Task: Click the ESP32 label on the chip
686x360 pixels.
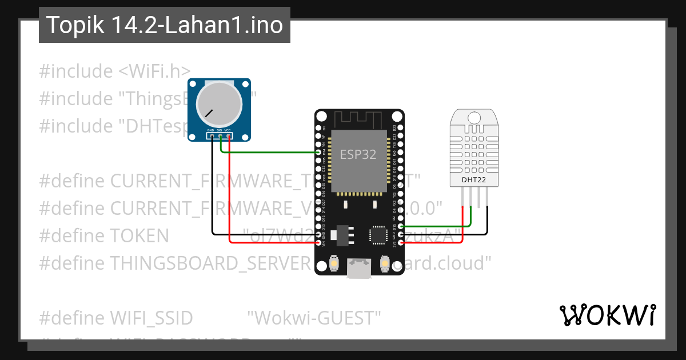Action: click(x=358, y=154)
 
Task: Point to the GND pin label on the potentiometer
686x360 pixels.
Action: click(x=210, y=130)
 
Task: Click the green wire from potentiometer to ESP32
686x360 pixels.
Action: click(x=269, y=153)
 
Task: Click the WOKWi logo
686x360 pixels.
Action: click(x=607, y=315)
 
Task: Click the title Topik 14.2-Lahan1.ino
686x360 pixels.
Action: click(x=165, y=25)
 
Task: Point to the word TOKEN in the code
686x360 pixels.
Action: click(x=139, y=235)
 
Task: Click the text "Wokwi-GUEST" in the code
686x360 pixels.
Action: click(x=314, y=318)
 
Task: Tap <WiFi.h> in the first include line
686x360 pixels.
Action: click(x=155, y=71)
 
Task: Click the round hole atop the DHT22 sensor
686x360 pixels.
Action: click(x=474, y=118)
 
